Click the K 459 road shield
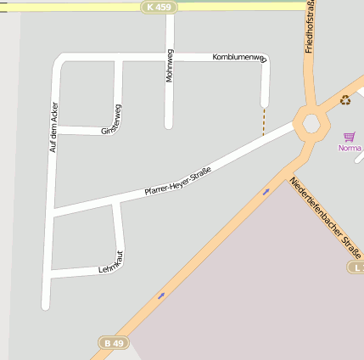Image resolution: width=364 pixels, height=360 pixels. click(x=158, y=7)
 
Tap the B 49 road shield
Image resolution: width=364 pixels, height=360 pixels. click(x=113, y=343)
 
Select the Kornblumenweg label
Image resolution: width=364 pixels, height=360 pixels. click(x=239, y=58)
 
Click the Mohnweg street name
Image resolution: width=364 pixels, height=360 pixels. click(x=170, y=66)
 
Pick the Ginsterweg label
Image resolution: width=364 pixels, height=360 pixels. click(x=112, y=120)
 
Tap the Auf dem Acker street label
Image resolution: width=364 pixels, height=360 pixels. click(x=53, y=127)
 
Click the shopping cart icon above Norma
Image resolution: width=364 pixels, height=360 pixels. click(x=349, y=136)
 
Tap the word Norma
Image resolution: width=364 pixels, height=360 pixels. click(x=350, y=148)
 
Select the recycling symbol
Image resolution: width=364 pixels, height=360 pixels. click(x=345, y=100)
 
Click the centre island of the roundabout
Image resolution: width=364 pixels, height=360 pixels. click(x=311, y=124)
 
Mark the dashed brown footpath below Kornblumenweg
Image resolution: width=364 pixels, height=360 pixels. click(x=264, y=121)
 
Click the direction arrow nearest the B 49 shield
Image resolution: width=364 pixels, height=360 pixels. click(x=161, y=295)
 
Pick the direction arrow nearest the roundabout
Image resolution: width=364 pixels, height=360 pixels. click(x=266, y=192)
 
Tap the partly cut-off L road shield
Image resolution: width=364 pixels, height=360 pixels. click(x=357, y=267)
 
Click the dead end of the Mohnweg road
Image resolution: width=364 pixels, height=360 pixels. click(x=169, y=125)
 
